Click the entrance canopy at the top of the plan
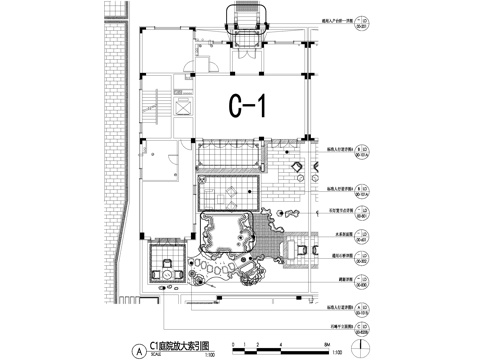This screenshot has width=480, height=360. click(247, 21)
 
